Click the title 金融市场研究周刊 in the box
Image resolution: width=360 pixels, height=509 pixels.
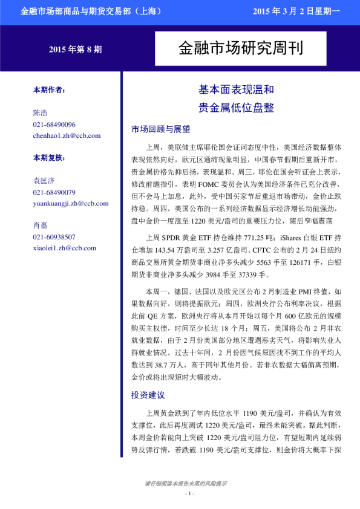(x=240, y=49)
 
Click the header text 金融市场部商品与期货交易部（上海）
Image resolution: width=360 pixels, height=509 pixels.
(x=89, y=11)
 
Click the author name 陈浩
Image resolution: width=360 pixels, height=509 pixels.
(x=41, y=113)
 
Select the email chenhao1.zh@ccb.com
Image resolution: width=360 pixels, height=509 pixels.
(x=67, y=135)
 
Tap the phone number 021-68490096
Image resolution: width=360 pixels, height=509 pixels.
(x=54, y=125)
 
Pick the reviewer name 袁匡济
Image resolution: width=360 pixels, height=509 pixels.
(x=44, y=181)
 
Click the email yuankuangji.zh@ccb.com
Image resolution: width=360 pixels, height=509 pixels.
(x=71, y=204)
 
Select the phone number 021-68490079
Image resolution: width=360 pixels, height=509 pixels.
(x=54, y=192)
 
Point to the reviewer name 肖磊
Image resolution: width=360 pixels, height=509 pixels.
(x=41, y=225)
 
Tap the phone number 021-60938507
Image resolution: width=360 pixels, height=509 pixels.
(x=54, y=237)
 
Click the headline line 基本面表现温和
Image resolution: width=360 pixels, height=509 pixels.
(x=236, y=90)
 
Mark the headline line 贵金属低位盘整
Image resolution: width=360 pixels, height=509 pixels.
(x=236, y=108)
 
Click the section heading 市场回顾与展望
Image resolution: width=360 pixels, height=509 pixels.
(x=160, y=129)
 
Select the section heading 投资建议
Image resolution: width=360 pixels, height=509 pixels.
(x=148, y=395)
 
